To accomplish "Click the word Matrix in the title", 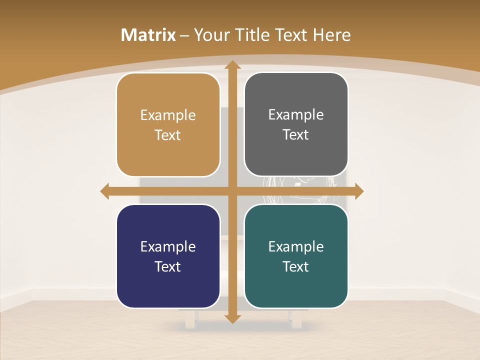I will [x=148, y=35].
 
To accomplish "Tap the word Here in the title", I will [x=331, y=35].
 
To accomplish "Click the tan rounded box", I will [x=168, y=125].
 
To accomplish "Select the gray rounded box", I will [x=296, y=124].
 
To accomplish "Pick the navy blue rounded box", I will [x=168, y=256].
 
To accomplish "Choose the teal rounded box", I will [x=296, y=256].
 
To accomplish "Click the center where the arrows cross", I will [x=231, y=191].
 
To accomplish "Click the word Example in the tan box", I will [x=168, y=115].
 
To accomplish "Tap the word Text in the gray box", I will [x=296, y=134].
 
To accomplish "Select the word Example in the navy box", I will [x=168, y=246].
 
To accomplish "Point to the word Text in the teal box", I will [x=296, y=266].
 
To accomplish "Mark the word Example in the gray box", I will [x=296, y=115].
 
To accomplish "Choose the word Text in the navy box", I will [x=168, y=266].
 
